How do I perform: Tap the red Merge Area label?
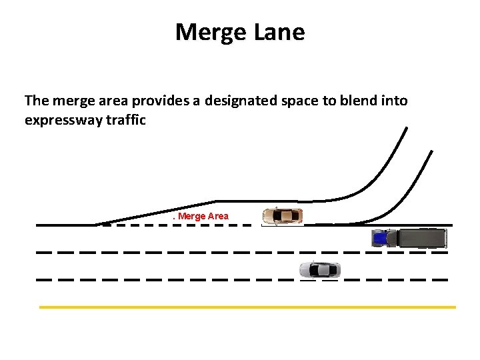coord(201,216)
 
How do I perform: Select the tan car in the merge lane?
coord(283,216)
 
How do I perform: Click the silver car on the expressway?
coord(320,270)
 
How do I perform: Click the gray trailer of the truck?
coord(421,238)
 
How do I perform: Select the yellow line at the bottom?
coord(247,307)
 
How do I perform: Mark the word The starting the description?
coord(36,101)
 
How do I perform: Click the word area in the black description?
coord(111,101)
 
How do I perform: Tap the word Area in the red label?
coord(217,216)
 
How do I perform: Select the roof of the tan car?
coord(284,216)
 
